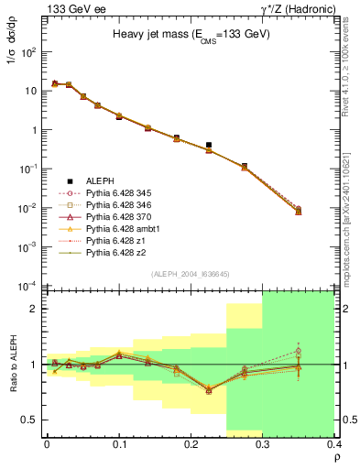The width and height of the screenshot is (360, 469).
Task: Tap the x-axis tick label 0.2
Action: click(x=191, y=444)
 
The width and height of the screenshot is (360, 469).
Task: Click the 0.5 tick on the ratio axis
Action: click(x=30, y=420)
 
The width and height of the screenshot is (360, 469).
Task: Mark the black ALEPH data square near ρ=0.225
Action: click(x=209, y=145)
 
